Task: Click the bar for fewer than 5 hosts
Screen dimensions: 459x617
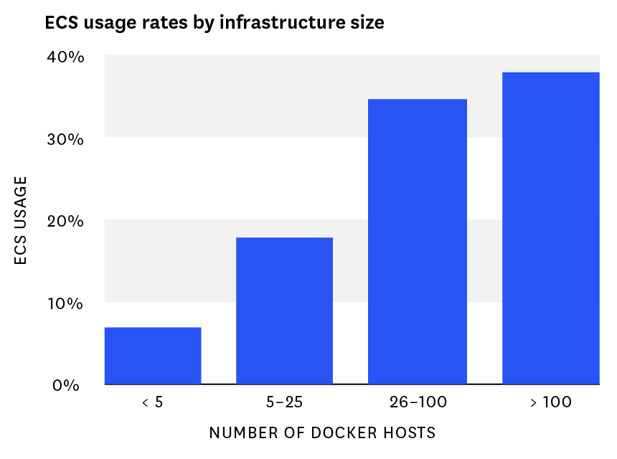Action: click(x=153, y=356)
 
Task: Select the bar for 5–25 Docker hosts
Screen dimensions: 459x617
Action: click(x=284, y=311)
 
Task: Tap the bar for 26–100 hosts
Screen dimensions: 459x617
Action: click(x=417, y=242)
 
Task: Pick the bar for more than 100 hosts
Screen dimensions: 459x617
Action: click(x=550, y=228)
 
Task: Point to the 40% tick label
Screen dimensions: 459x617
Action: click(x=65, y=57)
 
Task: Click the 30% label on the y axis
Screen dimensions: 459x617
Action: click(x=65, y=138)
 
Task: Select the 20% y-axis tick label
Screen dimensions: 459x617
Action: click(x=65, y=221)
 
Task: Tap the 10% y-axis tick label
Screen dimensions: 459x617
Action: click(x=65, y=303)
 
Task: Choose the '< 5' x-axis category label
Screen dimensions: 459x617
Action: click(x=152, y=402)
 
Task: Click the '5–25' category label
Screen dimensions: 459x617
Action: click(x=284, y=402)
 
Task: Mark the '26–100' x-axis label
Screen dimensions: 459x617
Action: click(x=417, y=402)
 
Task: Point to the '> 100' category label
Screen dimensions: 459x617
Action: click(x=550, y=402)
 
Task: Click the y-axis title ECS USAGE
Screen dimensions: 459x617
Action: click(x=21, y=221)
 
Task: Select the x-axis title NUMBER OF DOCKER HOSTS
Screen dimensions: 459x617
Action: click(x=322, y=433)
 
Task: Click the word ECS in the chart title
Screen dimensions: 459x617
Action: click(x=60, y=23)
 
